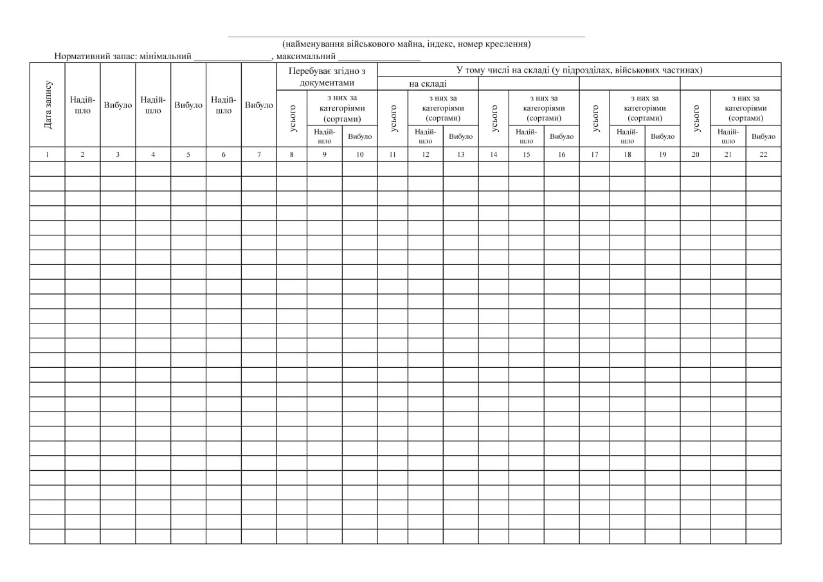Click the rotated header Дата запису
click(48, 105)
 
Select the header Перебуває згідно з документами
click(327, 76)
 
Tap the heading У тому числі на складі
click(579, 69)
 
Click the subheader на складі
click(428, 84)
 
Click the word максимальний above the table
click(306, 56)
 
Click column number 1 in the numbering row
click(47, 154)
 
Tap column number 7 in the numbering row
click(258, 154)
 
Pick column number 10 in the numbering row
click(359, 154)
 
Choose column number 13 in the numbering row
click(460, 154)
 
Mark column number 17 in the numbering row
click(594, 154)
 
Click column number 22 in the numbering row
click(763, 154)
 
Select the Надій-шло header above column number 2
click(82, 105)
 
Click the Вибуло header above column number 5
click(188, 105)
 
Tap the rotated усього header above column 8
click(293, 118)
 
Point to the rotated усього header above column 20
click(696, 118)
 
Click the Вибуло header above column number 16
click(561, 136)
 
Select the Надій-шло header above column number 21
click(728, 136)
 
